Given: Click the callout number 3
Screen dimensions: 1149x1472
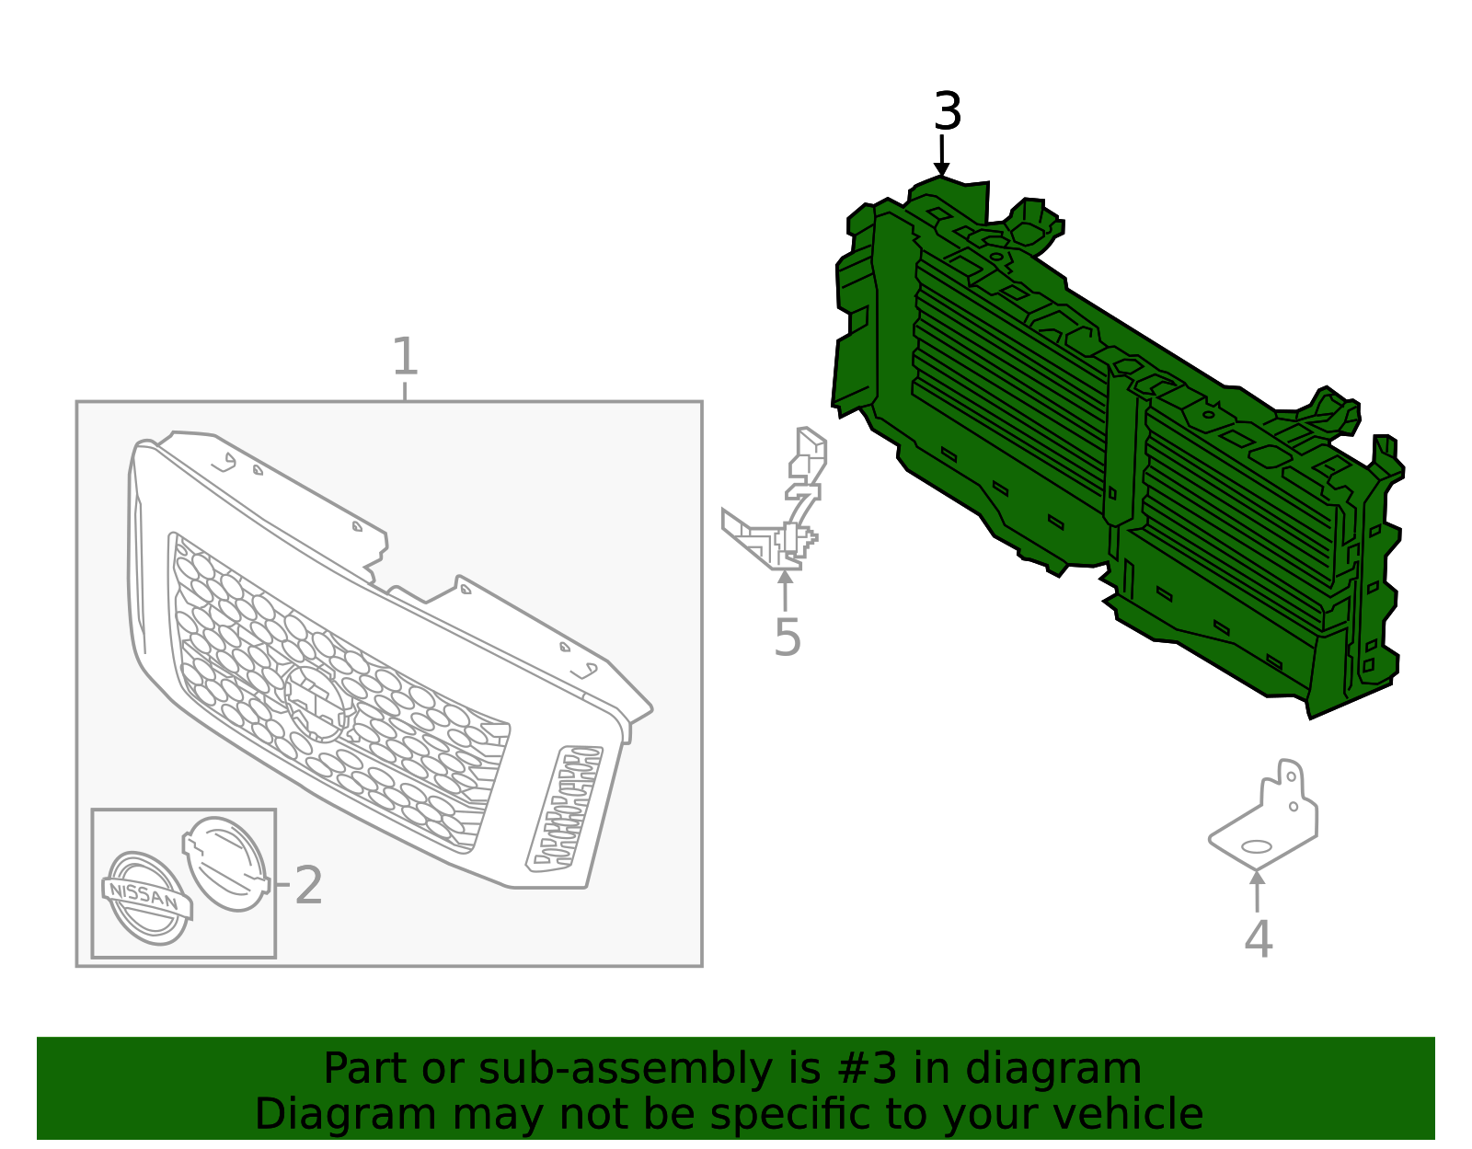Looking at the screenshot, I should click(947, 112).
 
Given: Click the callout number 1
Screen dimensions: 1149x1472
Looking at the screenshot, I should click(405, 357).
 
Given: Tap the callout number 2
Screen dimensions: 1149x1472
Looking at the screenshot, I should click(308, 886).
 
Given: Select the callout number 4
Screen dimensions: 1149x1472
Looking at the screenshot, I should click(1258, 939).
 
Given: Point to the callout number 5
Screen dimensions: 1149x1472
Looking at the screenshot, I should click(787, 638).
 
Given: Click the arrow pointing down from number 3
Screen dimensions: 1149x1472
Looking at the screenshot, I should click(941, 155).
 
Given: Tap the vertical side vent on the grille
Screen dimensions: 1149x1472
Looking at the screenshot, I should click(565, 809).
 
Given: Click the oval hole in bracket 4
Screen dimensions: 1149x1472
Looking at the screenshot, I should click(1257, 846).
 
